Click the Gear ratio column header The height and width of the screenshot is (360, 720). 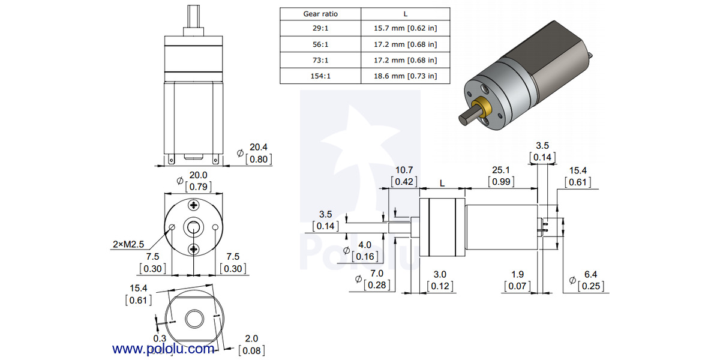point(320,14)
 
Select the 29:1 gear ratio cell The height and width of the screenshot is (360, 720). point(320,29)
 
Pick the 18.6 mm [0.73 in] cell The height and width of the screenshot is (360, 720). point(406,76)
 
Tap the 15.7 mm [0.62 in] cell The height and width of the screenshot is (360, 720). point(406,29)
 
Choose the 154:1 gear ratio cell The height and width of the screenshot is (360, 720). point(320,76)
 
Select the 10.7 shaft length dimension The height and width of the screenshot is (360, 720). point(404,171)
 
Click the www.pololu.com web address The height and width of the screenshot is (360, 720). point(163,349)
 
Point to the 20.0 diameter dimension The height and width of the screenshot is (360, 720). point(198,175)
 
